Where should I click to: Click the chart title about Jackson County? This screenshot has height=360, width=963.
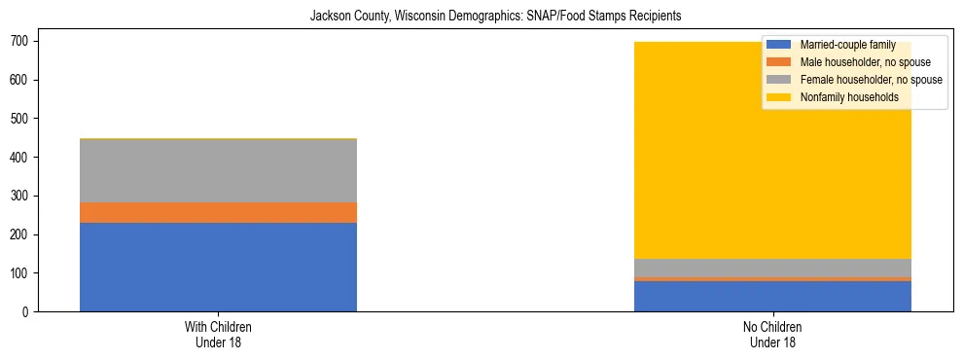click(x=481, y=17)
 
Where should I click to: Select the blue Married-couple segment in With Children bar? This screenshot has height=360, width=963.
click(x=218, y=267)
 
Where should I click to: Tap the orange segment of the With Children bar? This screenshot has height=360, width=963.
click(x=218, y=212)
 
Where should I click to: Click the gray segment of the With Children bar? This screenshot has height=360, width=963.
click(x=218, y=171)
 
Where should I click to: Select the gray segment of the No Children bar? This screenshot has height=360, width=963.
click(x=772, y=268)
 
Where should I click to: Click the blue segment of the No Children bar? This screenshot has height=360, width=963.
click(x=772, y=296)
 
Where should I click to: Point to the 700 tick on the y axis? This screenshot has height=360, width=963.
click(x=23, y=41)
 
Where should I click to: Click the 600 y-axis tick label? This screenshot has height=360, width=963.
click(x=23, y=80)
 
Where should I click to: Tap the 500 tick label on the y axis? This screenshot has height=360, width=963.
click(x=23, y=119)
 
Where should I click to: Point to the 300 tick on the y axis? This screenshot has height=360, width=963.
click(x=23, y=196)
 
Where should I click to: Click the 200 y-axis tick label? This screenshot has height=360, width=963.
click(x=23, y=234)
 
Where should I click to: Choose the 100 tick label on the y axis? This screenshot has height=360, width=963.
click(x=23, y=273)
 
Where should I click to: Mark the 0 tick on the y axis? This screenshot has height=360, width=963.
click(x=29, y=312)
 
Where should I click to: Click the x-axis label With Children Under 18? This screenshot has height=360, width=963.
click(x=218, y=334)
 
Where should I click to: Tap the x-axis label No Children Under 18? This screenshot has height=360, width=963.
click(x=772, y=334)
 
